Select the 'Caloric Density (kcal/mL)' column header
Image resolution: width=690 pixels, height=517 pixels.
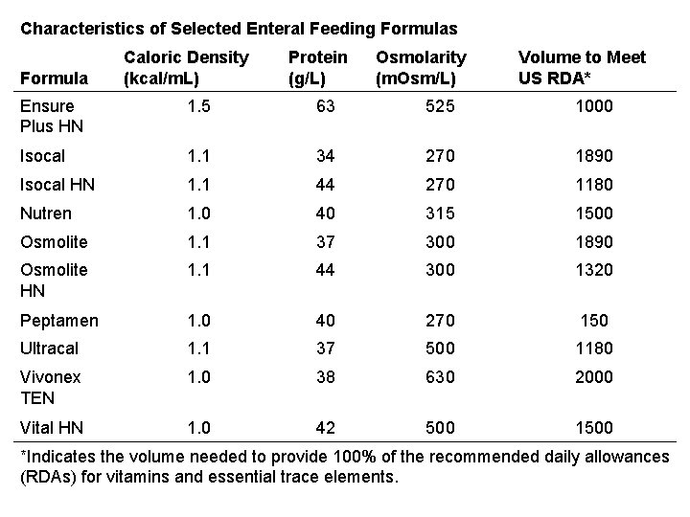(186, 67)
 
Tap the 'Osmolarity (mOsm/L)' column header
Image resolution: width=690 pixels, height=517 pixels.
(421, 67)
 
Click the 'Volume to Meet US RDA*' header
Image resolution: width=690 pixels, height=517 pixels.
(582, 67)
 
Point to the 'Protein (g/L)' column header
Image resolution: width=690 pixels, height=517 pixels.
(317, 67)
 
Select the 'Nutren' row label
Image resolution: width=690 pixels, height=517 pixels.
(46, 213)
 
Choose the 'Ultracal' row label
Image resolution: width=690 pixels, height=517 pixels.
(50, 348)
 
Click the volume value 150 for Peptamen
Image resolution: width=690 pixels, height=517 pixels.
(594, 321)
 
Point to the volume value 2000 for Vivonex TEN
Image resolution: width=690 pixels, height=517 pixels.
(594, 377)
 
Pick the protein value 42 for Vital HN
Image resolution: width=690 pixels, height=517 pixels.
(326, 427)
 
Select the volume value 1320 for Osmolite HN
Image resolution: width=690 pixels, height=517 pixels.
(594, 270)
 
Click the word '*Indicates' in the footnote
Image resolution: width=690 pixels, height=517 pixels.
(57, 457)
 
